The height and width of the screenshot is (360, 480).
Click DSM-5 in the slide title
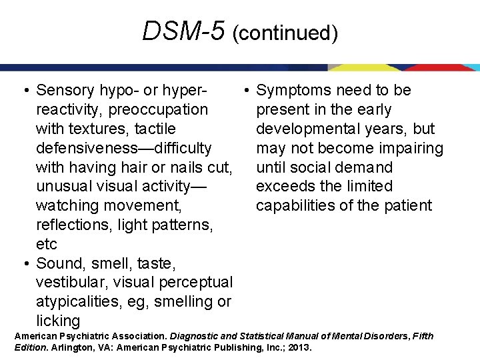point(183,31)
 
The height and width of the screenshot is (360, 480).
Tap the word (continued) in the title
point(285,33)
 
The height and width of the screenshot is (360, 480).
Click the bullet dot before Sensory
point(25,90)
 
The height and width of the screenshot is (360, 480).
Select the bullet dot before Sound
point(25,263)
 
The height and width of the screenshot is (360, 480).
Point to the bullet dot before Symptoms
point(245,90)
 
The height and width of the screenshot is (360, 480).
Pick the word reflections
point(73,225)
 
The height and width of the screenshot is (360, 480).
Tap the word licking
point(57,321)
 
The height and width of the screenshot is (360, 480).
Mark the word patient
point(409,205)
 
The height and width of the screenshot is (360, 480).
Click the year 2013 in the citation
point(299,347)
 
